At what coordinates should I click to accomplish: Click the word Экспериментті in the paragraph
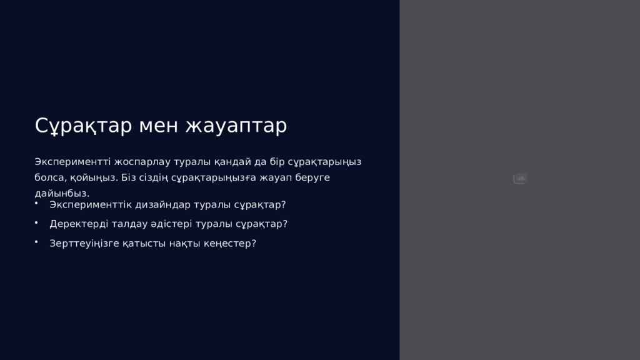point(70,162)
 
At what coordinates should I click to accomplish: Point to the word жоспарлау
point(136,162)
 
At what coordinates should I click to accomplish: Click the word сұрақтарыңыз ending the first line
point(324,162)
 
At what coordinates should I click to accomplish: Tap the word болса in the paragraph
point(47,177)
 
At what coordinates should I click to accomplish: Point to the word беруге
point(312,177)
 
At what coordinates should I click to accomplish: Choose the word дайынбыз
point(62,193)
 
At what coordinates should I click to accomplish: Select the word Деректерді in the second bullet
point(77,224)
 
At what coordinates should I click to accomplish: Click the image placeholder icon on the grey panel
point(520,179)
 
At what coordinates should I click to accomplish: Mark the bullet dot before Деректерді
point(37,222)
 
